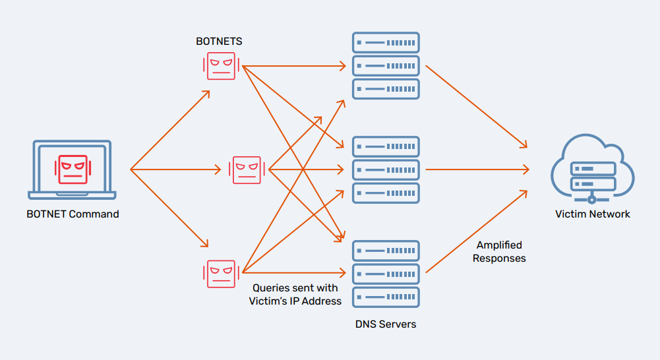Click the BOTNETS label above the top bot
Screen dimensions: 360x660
(x=219, y=41)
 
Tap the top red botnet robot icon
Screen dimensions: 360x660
(x=221, y=66)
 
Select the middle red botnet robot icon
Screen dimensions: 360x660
(x=246, y=169)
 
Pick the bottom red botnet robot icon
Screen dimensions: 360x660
(x=221, y=273)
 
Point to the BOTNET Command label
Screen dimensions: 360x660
(x=73, y=214)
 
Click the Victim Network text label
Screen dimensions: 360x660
(x=592, y=214)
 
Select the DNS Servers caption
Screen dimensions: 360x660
(x=386, y=324)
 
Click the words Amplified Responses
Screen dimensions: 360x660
(x=499, y=252)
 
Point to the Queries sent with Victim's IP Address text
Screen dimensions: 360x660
(x=295, y=294)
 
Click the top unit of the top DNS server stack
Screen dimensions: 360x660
(x=386, y=43)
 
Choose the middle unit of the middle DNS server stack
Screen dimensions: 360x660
(x=386, y=169)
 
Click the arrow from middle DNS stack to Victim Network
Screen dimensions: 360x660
(x=475, y=169)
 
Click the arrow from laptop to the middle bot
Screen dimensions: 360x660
(x=175, y=169)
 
